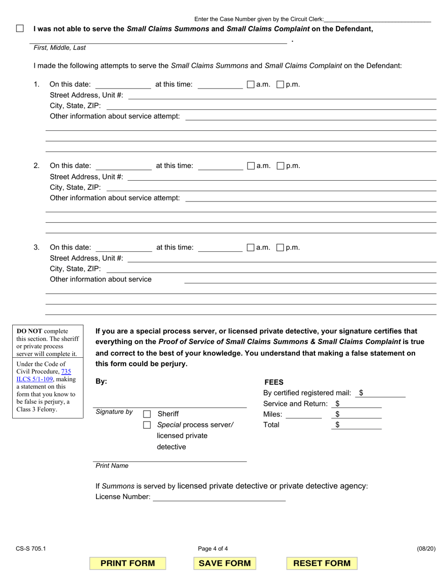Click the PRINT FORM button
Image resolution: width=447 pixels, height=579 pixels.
pyautogui.click(x=128, y=563)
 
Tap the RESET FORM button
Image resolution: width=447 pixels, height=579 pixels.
pyautogui.click(x=322, y=563)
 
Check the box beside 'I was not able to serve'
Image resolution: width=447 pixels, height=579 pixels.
pyautogui.click(x=20, y=29)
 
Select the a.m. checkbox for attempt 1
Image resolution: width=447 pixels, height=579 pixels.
pyautogui.click(x=251, y=85)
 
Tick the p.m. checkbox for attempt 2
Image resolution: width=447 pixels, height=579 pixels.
pyautogui.click(x=280, y=166)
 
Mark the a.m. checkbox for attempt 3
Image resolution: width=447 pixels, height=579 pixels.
pyautogui.click(x=251, y=248)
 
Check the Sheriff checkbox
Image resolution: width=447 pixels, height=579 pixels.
pyautogui.click(x=147, y=414)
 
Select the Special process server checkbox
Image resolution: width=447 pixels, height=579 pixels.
pyautogui.click(x=147, y=425)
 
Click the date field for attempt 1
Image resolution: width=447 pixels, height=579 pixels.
pyautogui.click(x=123, y=85)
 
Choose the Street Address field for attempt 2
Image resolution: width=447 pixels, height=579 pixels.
pyautogui.click(x=281, y=177)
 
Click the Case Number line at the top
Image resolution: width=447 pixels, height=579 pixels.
pyautogui.click(x=377, y=19)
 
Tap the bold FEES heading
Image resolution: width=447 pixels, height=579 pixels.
pyautogui.click(x=274, y=383)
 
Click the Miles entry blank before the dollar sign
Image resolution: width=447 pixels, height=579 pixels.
pyautogui.click(x=303, y=415)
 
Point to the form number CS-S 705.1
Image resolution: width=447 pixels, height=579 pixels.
pyautogui.click(x=30, y=548)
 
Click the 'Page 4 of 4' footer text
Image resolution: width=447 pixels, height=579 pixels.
pyautogui.click(x=213, y=548)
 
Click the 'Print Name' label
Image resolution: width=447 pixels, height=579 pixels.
pyautogui.click(x=112, y=466)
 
